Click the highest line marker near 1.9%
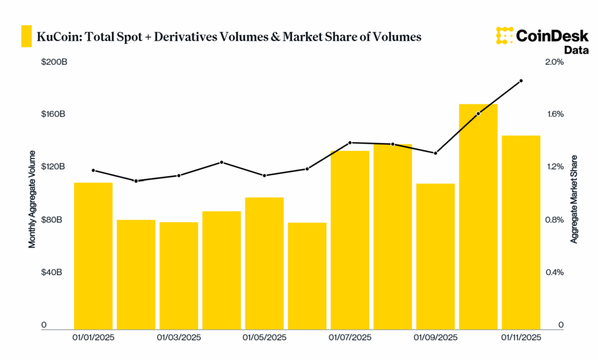pyautogui.click(x=521, y=81)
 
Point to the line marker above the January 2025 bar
pyautogui.click(x=93, y=171)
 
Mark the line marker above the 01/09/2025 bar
pyautogui.click(x=435, y=153)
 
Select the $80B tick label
pyautogui.click(x=53, y=220)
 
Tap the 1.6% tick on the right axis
pyautogui.click(x=555, y=115)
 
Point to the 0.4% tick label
pyautogui.click(x=555, y=272)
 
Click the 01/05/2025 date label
pyautogui.click(x=265, y=338)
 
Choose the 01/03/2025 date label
pyautogui.click(x=179, y=338)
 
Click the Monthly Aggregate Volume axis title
pyautogui.click(x=33, y=199)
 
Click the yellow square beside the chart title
pyautogui.click(x=26, y=36)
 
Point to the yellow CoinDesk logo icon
pyautogui.click(x=504, y=36)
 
